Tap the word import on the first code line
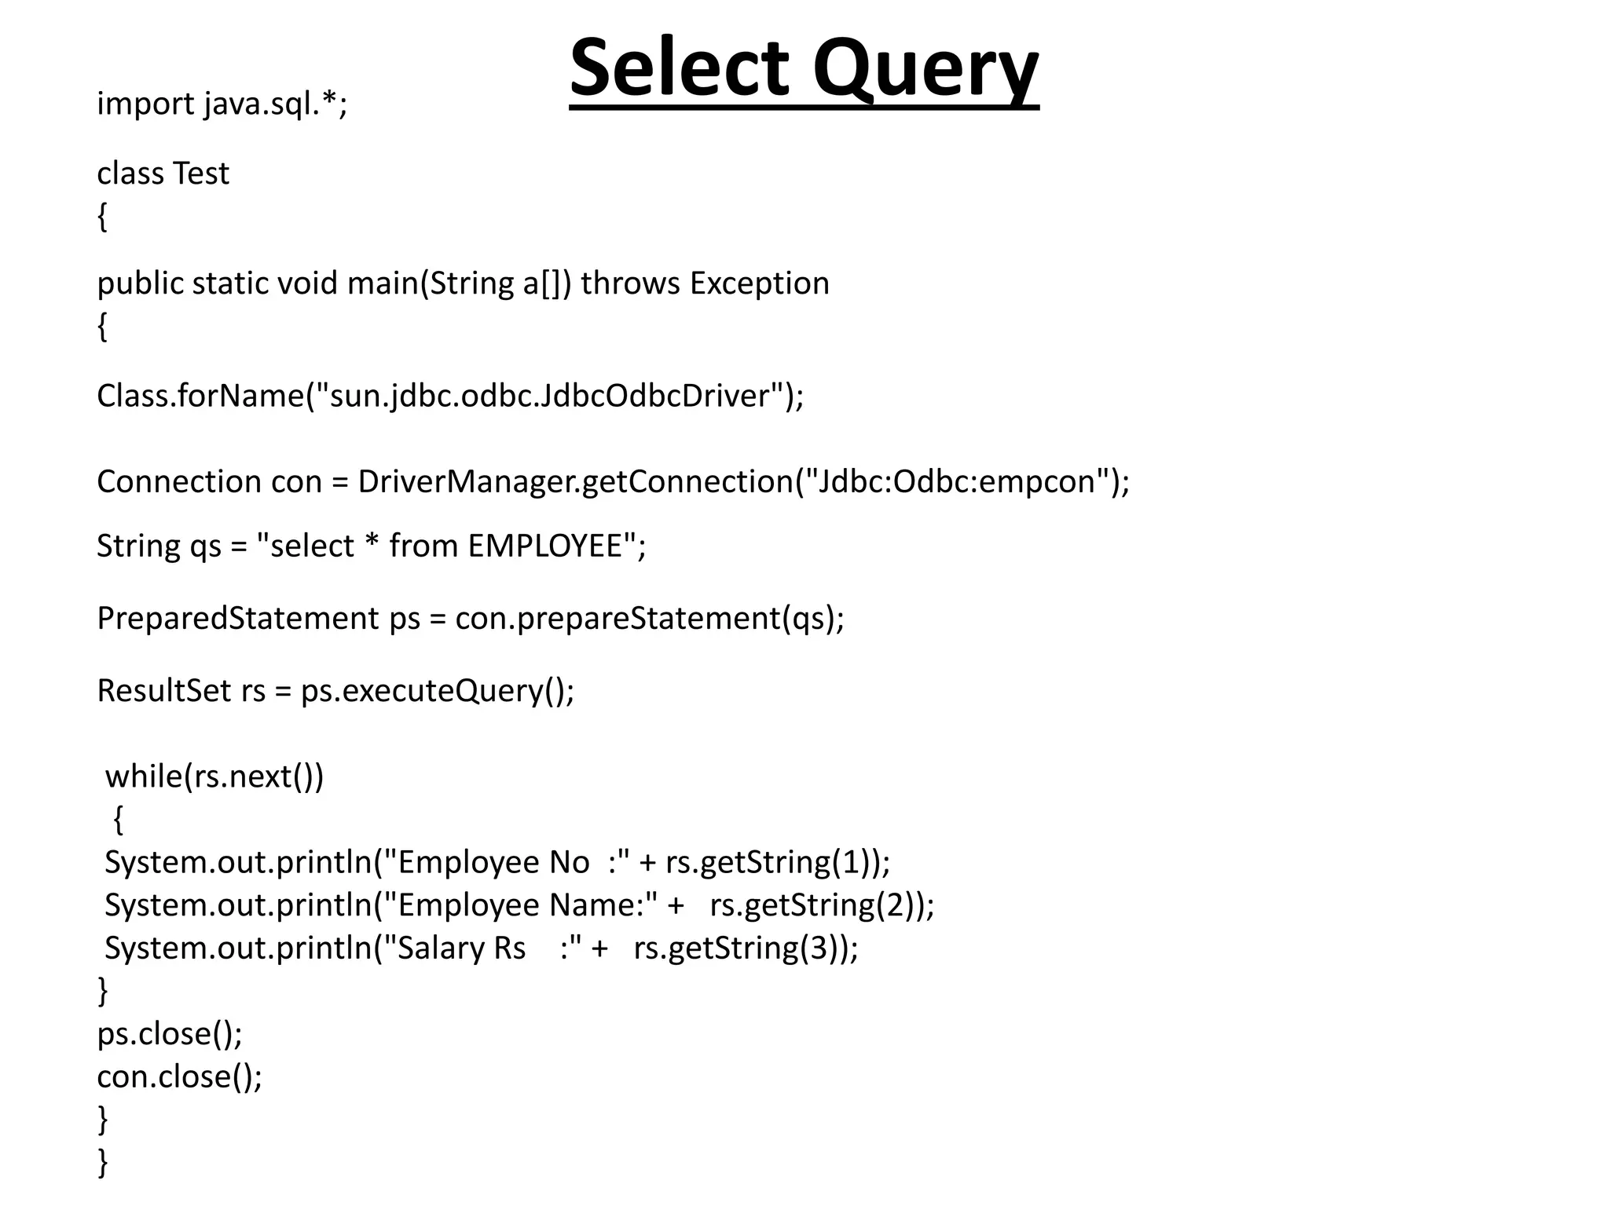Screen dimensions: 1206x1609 (x=145, y=104)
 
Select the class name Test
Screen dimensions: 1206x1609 (x=201, y=174)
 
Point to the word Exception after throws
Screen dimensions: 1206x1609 (x=759, y=283)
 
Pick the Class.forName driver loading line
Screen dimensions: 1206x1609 (x=449, y=396)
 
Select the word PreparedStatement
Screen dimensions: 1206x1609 (x=237, y=619)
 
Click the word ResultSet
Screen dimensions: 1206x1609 (x=164, y=691)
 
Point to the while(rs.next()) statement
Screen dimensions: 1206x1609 (x=214, y=777)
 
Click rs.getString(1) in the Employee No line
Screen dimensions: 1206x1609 (x=773, y=862)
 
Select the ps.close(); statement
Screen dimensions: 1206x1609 (x=170, y=1034)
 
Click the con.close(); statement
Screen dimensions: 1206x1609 (x=179, y=1076)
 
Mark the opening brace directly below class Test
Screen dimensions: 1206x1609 (x=102, y=217)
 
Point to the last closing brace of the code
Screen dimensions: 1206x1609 (x=102, y=1162)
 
